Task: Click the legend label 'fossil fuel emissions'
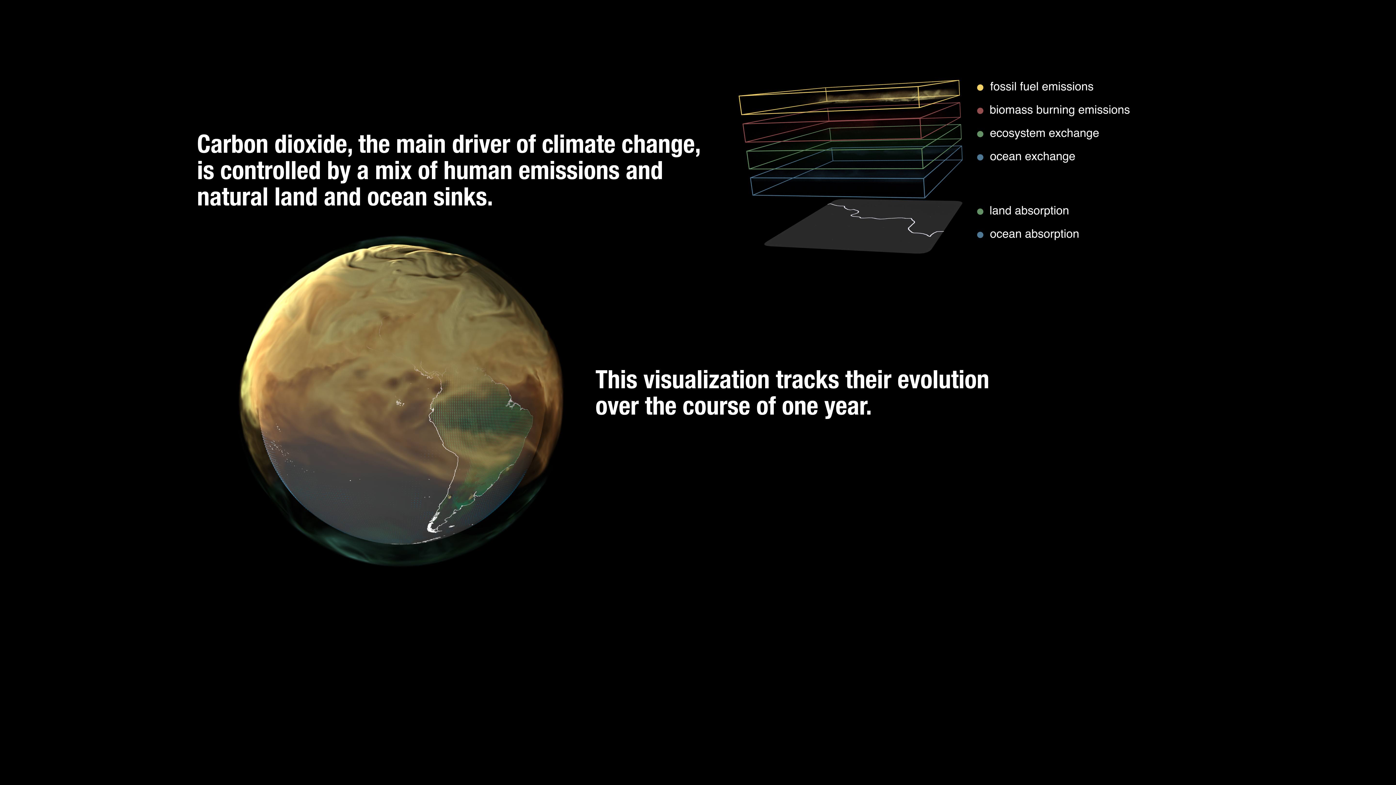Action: (x=1041, y=87)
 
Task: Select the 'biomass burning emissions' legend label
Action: (x=1059, y=110)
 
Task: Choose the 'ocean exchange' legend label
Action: (x=1032, y=157)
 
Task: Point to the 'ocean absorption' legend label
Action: (x=1034, y=234)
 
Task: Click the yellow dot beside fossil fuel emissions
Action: (x=980, y=87)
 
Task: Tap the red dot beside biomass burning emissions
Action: (x=980, y=110)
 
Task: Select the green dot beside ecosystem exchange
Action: (x=980, y=134)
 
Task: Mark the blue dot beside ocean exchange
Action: (x=980, y=157)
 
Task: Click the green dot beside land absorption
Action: (x=980, y=211)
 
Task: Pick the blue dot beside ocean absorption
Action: (x=980, y=235)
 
